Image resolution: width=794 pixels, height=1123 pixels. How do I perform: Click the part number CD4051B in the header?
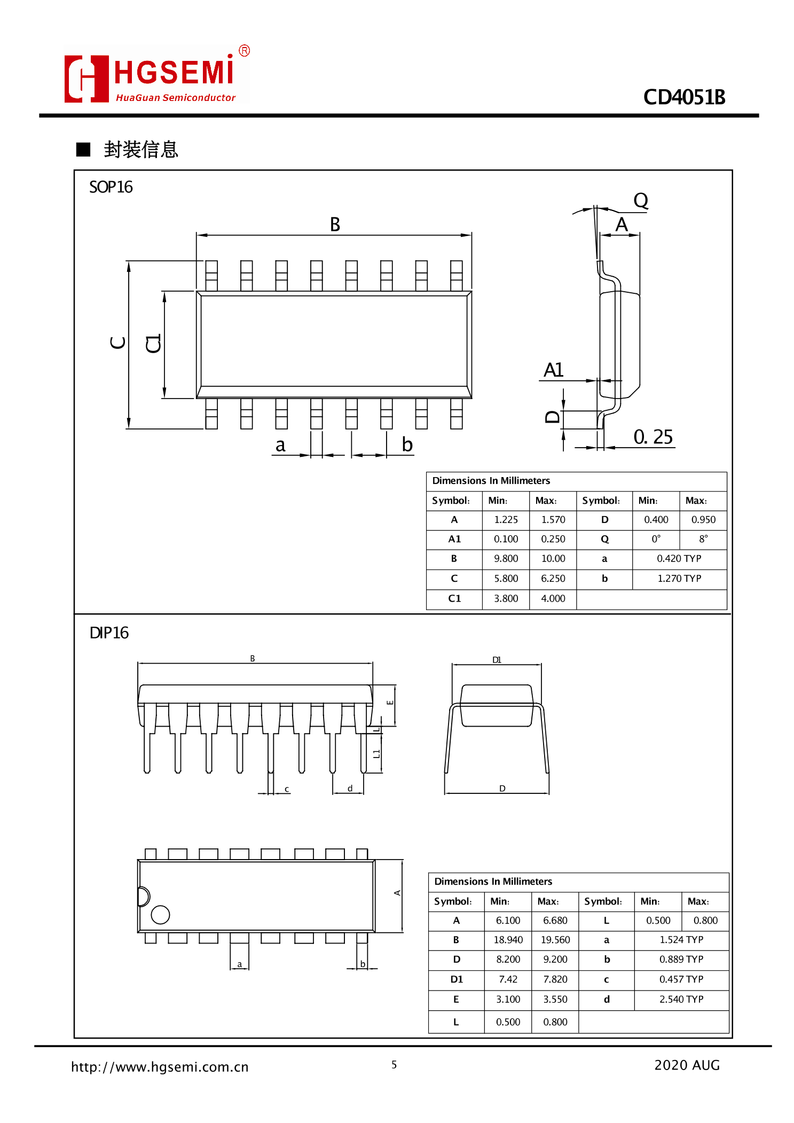(683, 97)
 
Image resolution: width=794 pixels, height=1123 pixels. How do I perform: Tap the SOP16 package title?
(111, 187)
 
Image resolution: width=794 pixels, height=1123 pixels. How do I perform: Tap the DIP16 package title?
(109, 633)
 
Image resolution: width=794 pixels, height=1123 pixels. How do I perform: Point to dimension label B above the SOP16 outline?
(335, 224)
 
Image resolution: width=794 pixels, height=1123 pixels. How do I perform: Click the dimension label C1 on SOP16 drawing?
(154, 344)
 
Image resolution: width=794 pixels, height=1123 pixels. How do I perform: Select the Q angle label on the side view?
(640, 201)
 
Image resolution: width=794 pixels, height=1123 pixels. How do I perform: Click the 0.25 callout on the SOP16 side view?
(653, 437)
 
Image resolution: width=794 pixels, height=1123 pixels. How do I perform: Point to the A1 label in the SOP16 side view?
(553, 370)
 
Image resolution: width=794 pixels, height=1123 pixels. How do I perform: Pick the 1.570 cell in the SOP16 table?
(553, 519)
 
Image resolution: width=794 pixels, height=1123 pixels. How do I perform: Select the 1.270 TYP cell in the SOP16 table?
(679, 578)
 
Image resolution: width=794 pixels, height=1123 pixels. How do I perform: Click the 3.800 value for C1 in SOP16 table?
(506, 598)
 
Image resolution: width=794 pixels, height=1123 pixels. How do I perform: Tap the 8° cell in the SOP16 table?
(703, 539)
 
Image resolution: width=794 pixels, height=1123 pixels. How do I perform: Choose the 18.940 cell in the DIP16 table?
(508, 940)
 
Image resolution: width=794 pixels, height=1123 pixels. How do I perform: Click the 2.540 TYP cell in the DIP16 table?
(681, 999)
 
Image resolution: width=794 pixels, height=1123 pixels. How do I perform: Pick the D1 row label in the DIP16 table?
(456, 979)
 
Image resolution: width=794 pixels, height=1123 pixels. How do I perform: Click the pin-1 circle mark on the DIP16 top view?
(160, 915)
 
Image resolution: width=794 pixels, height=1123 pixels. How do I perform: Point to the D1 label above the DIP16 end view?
(497, 660)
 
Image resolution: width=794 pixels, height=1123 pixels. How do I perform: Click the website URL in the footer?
(160, 1067)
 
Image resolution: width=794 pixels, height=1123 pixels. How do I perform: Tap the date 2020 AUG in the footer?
(687, 1065)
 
